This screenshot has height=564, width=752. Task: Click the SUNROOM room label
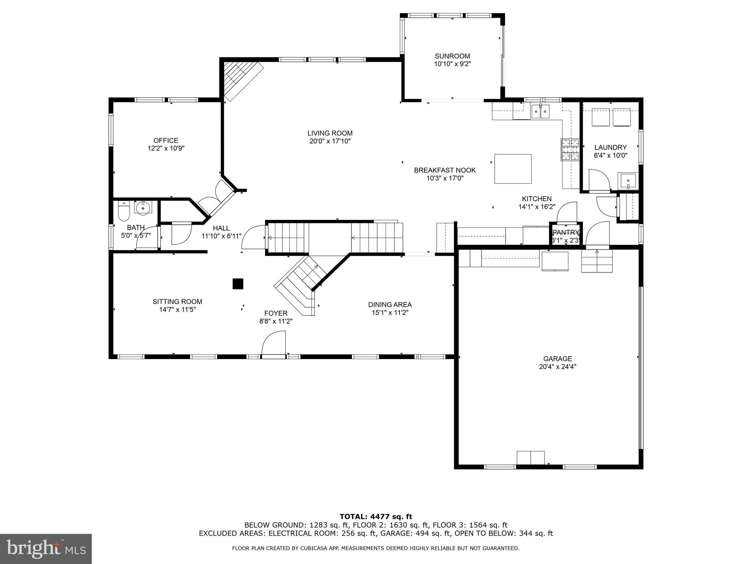452,56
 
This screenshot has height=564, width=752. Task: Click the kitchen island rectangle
513,169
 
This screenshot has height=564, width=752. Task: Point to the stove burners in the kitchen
570,149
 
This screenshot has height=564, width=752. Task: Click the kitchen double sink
540,111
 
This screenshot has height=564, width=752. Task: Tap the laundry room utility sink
628,181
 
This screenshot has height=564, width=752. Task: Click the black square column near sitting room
238,284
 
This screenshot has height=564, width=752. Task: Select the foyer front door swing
274,343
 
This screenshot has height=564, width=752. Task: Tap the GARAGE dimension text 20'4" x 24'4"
557,366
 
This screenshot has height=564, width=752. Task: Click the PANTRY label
566,232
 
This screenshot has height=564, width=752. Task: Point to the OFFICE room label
166,140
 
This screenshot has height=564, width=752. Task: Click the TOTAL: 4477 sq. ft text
376,517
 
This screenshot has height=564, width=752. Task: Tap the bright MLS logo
46,549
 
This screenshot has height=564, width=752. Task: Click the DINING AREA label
390,304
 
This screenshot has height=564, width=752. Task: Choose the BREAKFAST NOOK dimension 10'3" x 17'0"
445,178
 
